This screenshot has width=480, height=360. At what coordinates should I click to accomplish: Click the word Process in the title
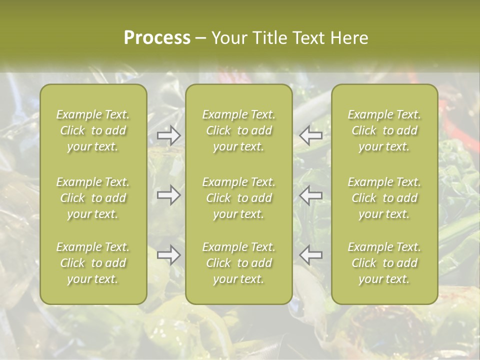click(x=157, y=38)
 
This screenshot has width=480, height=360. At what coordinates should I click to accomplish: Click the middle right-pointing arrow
click(x=169, y=195)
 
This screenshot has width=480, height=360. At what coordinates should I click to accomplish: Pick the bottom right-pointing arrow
click(x=169, y=255)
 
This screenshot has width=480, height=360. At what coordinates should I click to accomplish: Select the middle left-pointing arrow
click(x=310, y=195)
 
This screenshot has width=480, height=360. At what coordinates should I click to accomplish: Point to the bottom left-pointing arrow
click(x=310, y=255)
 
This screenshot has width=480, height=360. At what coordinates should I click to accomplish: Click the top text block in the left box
click(x=93, y=130)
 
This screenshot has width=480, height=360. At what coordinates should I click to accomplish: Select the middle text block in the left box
click(x=93, y=198)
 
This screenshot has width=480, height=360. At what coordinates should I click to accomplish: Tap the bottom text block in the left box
click(x=93, y=263)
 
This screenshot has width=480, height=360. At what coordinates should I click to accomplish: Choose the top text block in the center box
click(x=239, y=130)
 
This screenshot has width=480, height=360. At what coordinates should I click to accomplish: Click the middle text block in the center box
click(x=239, y=198)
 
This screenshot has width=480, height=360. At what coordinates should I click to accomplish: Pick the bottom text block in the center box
click(x=239, y=263)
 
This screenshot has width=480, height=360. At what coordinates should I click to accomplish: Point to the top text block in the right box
click(x=384, y=130)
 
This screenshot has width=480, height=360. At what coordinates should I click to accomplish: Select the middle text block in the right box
click(x=384, y=198)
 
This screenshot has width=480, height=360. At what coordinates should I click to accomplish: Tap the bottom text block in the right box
click(x=384, y=263)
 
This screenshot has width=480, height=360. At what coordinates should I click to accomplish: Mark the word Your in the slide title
click(x=228, y=38)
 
